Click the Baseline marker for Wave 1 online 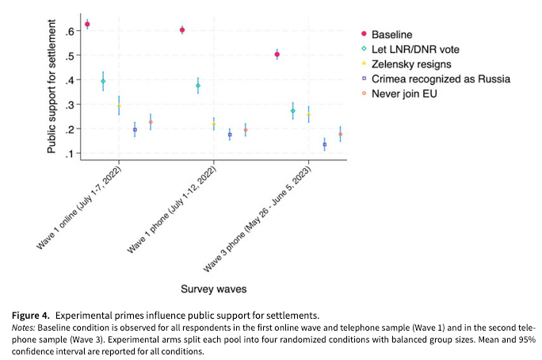point(87,25)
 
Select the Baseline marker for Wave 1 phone point(182,30)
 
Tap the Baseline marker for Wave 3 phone point(277,54)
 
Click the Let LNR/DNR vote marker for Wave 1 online point(103,81)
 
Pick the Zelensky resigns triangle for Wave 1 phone point(214,124)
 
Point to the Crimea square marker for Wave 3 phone point(324,144)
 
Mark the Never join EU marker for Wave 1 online point(151,122)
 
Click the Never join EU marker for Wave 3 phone point(340,135)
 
